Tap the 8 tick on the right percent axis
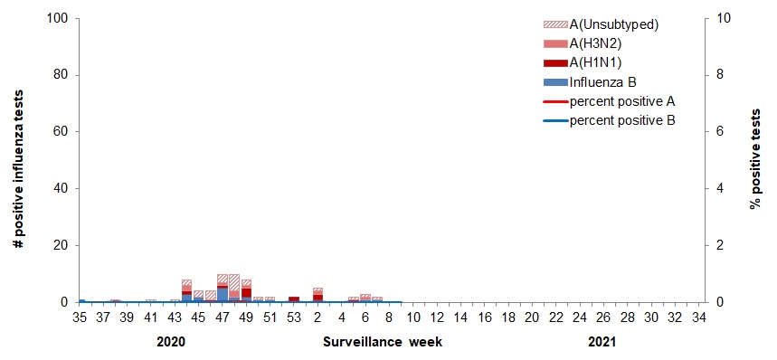click(718, 75)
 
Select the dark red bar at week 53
click(294, 299)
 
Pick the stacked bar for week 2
click(317, 295)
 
